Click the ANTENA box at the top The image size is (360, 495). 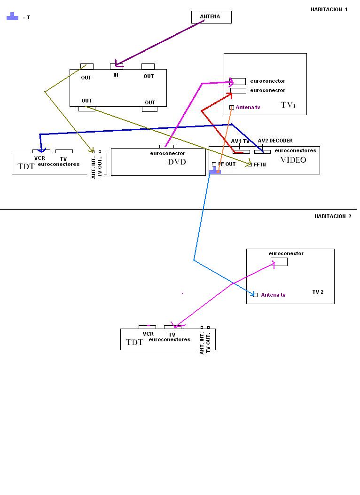[211, 17]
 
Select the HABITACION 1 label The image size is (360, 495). [329, 9]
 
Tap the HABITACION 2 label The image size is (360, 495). [332, 216]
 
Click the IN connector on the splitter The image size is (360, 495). [116, 66]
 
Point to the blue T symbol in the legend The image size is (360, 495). [12, 17]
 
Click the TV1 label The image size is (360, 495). [288, 105]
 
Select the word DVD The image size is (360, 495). [177, 162]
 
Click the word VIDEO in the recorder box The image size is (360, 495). [293, 160]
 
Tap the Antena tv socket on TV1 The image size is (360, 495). [232, 107]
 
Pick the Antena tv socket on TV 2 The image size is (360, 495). [255, 295]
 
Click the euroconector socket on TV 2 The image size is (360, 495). [279, 262]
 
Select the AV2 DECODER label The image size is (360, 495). [275, 141]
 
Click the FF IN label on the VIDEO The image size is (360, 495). [259, 165]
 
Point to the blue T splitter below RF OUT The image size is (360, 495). [214, 172]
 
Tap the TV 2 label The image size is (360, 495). [318, 292]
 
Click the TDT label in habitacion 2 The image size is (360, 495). [134, 342]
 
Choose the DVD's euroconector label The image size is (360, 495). [167, 153]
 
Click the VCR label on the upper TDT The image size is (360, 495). [39, 158]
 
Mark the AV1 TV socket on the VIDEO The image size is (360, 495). [241, 151]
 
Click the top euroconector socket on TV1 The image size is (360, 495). [238, 81]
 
